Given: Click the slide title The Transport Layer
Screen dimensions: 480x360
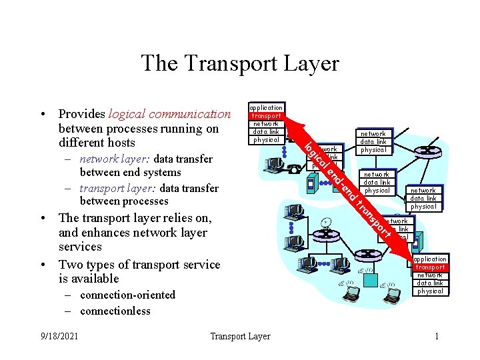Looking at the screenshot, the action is [x=240, y=63].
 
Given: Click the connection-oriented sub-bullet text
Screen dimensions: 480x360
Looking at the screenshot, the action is [x=127, y=295].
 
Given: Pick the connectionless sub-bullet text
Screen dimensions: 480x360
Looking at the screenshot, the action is [x=115, y=311].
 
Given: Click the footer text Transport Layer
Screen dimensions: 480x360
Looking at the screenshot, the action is [x=240, y=336].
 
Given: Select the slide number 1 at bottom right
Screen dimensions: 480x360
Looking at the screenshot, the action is [x=437, y=336].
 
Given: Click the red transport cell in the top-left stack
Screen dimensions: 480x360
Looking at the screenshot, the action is [x=266, y=115].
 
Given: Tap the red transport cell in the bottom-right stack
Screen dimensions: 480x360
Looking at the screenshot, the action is [x=430, y=267].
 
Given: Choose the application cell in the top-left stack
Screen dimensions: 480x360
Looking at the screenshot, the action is [x=266, y=107].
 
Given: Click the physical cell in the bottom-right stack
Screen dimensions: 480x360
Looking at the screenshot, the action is [x=430, y=291].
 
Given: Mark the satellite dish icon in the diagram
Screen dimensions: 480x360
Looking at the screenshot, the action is [x=325, y=223].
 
